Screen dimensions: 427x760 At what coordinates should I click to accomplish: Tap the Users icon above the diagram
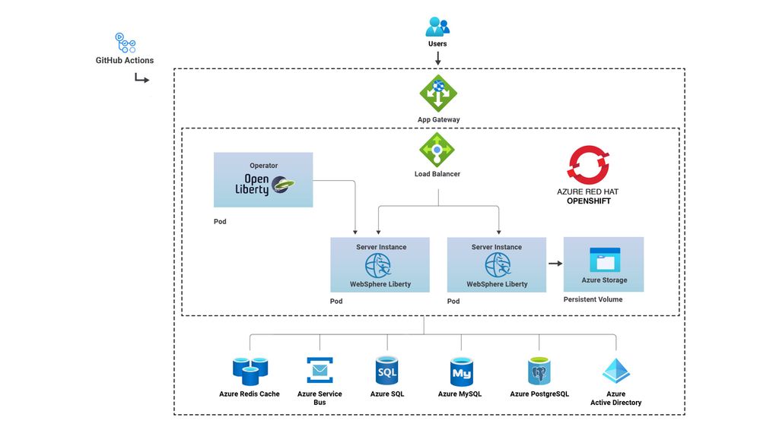(x=437, y=27)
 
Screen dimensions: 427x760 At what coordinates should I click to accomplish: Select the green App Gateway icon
(x=438, y=94)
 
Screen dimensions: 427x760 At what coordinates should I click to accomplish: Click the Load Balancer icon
(x=437, y=150)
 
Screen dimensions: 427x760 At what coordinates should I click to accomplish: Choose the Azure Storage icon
(x=604, y=260)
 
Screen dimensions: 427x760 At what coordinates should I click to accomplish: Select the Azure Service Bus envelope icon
(x=320, y=370)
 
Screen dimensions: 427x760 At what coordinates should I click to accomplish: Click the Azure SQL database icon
(x=386, y=371)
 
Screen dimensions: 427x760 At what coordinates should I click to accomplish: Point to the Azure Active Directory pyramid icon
(x=615, y=371)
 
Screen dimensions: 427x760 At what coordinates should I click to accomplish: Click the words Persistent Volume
(x=593, y=299)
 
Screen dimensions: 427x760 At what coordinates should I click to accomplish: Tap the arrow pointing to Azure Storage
(x=555, y=264)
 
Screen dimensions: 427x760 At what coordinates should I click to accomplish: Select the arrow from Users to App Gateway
(x=437, y=58)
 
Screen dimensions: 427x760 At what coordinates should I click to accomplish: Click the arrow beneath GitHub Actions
(x=142, y=77)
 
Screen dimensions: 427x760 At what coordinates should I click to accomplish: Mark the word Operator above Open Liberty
(x=263, y=166)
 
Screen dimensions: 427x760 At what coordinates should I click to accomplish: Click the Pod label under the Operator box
(x=220, y=222)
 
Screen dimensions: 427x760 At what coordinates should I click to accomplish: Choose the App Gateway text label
(x=438, y=120)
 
